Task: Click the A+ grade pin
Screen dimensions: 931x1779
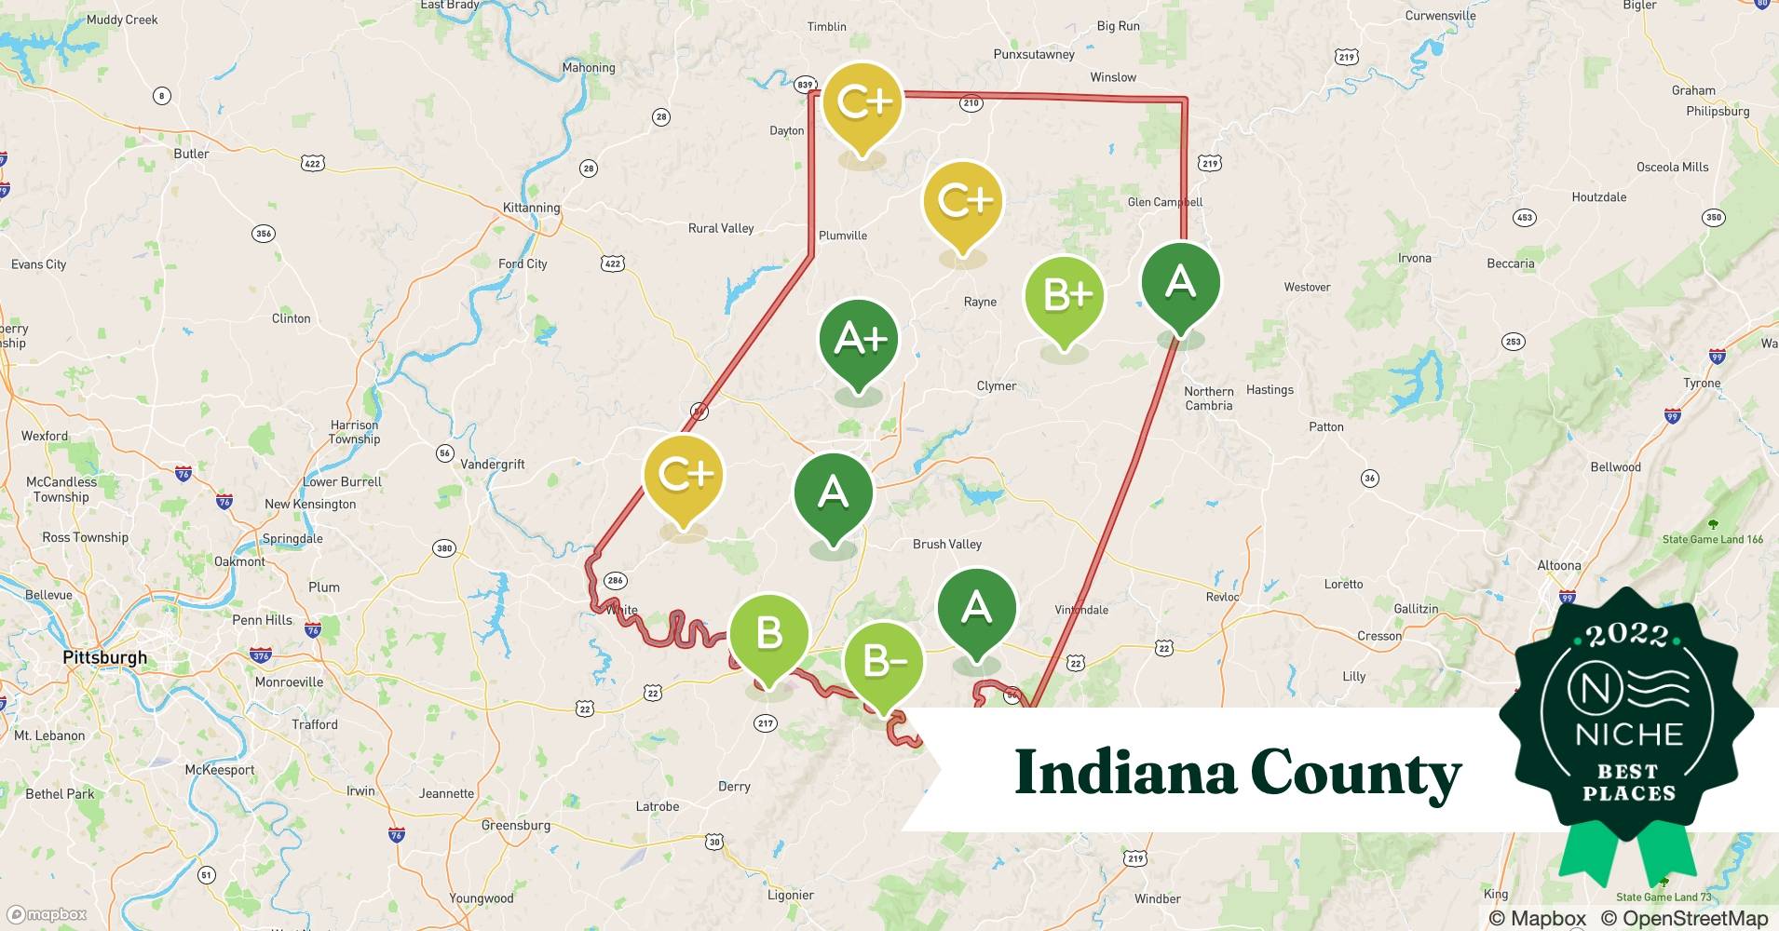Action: tap(859, 339)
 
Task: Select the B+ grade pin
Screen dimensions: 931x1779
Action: tap(1065, 296)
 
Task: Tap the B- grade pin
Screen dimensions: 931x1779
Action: tap(883, 662)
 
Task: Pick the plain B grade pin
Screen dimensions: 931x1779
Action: tap(768, 634)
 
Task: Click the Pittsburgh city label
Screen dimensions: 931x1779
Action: tap(104, 657)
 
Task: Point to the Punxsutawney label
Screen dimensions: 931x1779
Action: tap(1034, 54)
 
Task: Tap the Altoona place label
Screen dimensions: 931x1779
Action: tap(1558, 565)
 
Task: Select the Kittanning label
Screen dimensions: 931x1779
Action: tap(531, 208)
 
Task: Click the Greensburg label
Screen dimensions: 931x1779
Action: tap(516, 825)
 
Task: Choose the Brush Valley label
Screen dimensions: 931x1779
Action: tap(946, 544)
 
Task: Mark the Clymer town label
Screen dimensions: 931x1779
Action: tap(996, 385)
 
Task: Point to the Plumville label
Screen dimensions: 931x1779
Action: tap(842, 236)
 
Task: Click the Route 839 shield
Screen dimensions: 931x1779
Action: tap(805, 85)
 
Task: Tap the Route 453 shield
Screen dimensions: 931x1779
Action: tap(1524, 218)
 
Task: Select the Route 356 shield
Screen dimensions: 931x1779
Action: tap(264, 233)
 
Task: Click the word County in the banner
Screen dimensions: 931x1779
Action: tap(1355, 773)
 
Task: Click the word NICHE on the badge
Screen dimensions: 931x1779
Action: tap(1628, 735)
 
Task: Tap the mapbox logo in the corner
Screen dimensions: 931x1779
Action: tap(47, 914)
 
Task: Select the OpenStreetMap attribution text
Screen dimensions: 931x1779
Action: tap(1684, 918)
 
